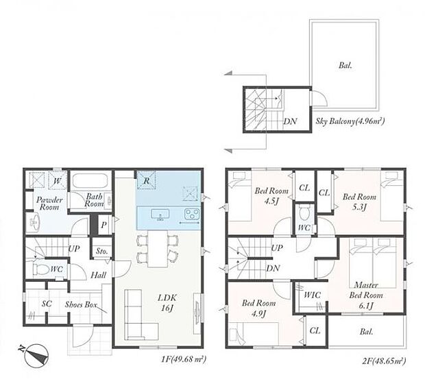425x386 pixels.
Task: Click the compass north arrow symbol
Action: [36, 355]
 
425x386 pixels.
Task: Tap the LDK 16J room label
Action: [167, 302]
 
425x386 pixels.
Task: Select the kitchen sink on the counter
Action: [160, 214]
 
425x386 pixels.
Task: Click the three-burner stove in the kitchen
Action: [192, 214]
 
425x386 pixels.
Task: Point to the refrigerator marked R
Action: [146, 180]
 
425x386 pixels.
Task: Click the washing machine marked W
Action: [58, 180]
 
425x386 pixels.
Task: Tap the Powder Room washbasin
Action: [34, 222]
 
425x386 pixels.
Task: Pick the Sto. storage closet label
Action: [102, 252]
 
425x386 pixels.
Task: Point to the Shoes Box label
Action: [81, 304]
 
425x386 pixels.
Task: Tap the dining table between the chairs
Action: [158, 249]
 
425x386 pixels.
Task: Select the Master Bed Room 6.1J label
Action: [366, 295]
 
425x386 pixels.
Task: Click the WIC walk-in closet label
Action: [313, 295]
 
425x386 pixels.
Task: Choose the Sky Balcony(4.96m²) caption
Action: [350, 121]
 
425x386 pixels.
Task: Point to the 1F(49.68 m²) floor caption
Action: [184, 359]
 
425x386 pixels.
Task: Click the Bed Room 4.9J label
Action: [258, 309]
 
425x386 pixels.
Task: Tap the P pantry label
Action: [104, 225]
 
